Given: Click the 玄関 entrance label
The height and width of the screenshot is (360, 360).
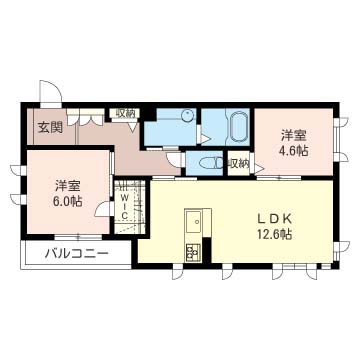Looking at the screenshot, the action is pos(50,128).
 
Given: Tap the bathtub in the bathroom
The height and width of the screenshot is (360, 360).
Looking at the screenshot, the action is pos(237,128).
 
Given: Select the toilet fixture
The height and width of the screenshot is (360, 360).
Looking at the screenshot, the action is pos(212,163).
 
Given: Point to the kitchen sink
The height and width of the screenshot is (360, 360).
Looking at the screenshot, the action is pos(194,222).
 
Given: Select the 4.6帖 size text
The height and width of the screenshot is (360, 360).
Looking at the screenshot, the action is pos(293,151).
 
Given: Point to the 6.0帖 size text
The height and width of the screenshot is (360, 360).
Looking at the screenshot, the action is pos(68,201).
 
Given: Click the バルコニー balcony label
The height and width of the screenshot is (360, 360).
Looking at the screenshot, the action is pos(77,255).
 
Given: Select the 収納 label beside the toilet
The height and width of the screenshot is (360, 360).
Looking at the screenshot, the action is pos(239,163).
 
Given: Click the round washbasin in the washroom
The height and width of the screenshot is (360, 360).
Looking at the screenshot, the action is pos(188,116).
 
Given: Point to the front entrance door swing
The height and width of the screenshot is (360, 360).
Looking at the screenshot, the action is pos(51,92).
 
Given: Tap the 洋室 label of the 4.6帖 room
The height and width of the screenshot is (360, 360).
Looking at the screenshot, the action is pos(293,135).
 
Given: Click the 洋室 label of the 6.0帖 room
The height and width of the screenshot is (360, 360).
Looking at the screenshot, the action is pos(68,185).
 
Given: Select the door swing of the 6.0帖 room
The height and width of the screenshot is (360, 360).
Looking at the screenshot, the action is pos(104,209).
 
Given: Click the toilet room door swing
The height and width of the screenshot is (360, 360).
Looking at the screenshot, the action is pos(174,159).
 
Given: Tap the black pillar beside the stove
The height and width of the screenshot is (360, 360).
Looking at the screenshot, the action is pos(207,250).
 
